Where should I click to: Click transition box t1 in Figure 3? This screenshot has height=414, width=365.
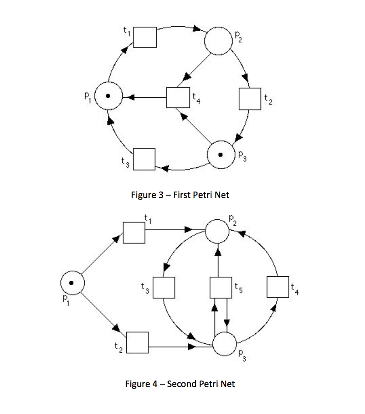pos(145,37)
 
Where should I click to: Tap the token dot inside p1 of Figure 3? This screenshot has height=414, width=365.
pos(107,96)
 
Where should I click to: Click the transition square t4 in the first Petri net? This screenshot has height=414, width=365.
pos(178,97)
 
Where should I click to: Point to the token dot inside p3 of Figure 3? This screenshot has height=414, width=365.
pos(221,154)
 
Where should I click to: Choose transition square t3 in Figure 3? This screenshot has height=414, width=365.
pos(144,159)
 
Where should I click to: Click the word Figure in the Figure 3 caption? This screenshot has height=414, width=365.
pos(144,195)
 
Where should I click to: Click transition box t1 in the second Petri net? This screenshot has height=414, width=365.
pos(134,232)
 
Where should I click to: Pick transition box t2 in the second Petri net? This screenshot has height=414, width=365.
pos(137,343)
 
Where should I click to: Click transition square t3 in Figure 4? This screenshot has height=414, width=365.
pos(164,287)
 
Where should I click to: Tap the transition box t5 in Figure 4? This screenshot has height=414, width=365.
pos(221,287)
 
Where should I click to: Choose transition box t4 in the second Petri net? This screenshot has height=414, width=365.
pos(278,287)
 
